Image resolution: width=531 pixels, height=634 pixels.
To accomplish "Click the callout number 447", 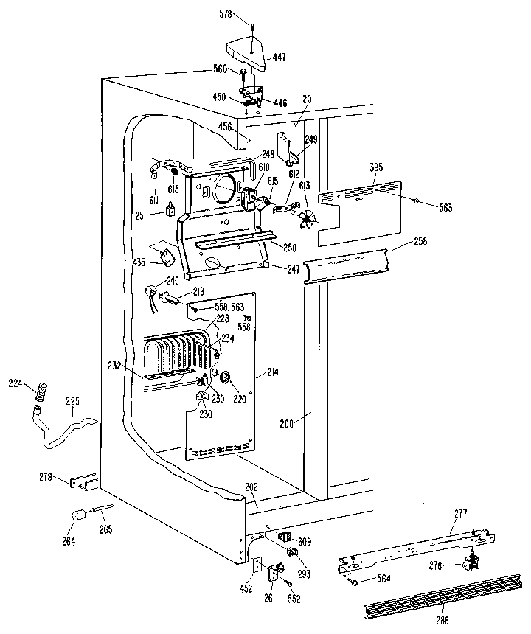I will point(280,57).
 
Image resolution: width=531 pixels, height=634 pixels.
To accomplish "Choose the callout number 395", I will point(375,169).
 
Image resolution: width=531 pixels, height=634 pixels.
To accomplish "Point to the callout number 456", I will point(226,128).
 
